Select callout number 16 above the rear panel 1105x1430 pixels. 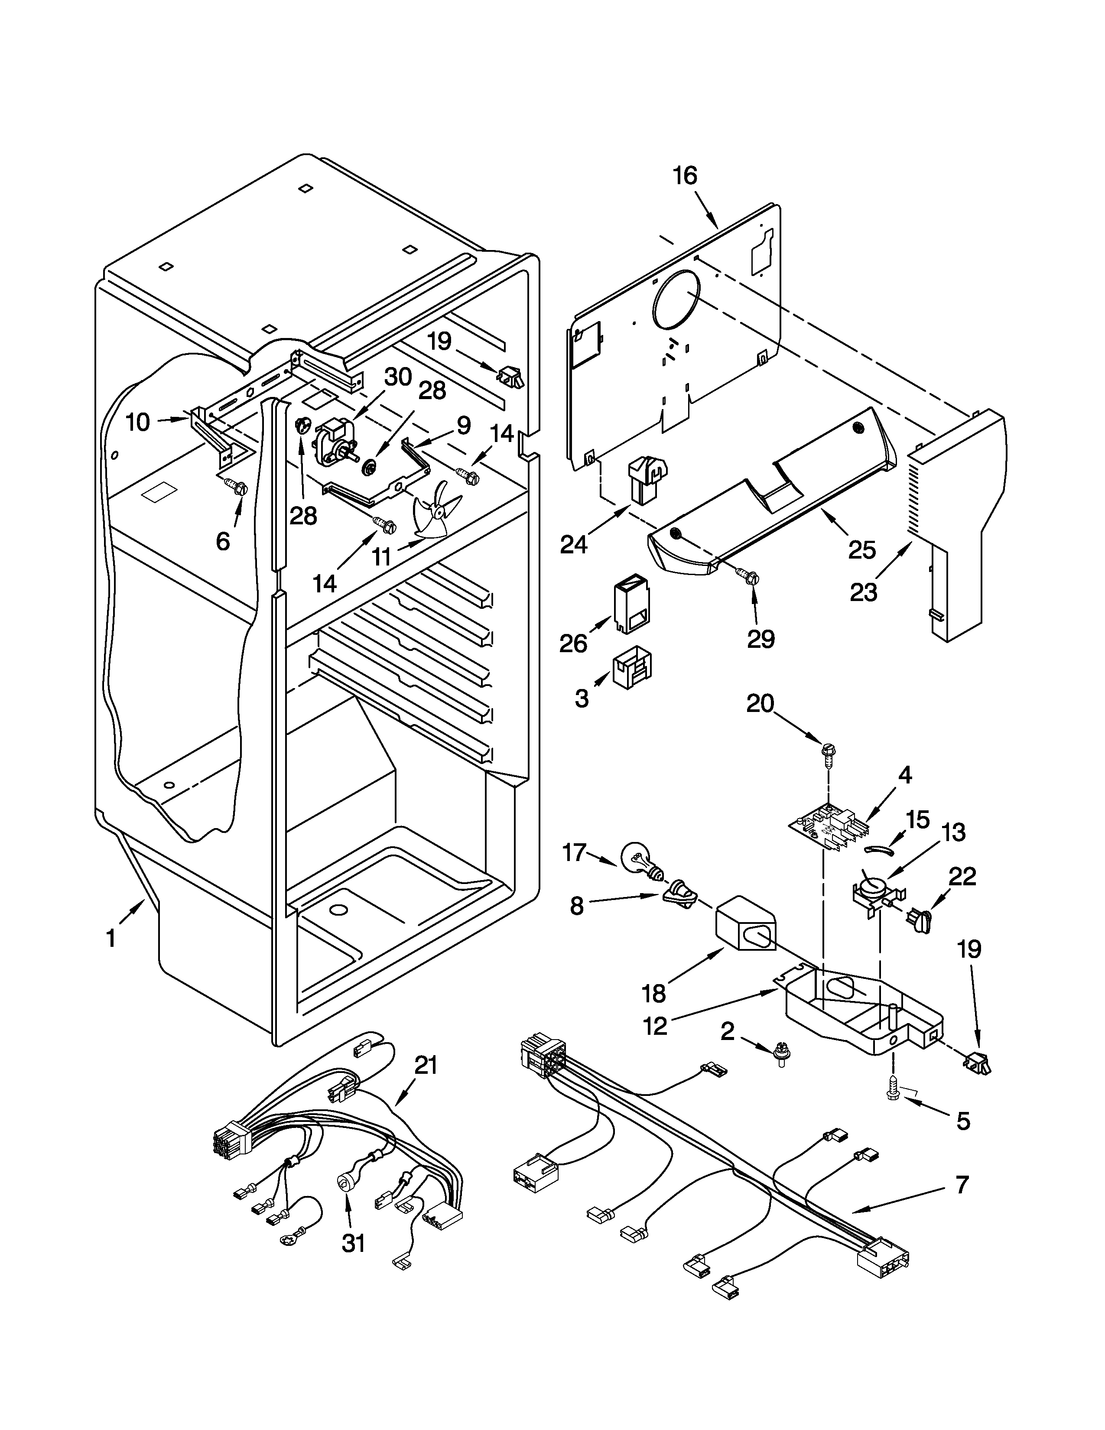[685, 176]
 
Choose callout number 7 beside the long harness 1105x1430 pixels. [961, 1184]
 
